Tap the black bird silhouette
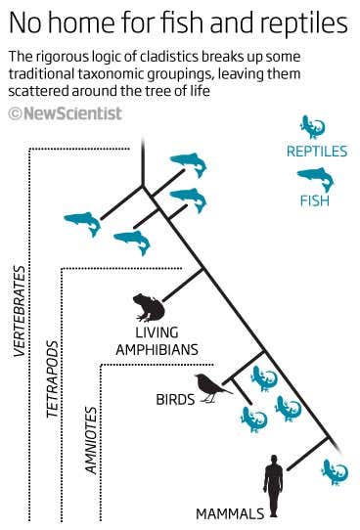[210, 387]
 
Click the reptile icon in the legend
[312, 126]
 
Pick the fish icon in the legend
[314, 178]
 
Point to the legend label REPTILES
[317, 152]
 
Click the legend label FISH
[314, 201]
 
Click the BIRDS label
[175, 400]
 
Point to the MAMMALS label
[230, 513]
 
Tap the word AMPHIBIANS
[157, 349]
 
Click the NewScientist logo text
[73, 113]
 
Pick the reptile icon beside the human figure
[334, 471]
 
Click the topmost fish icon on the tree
[188, 164]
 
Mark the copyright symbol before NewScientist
[15, 114]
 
